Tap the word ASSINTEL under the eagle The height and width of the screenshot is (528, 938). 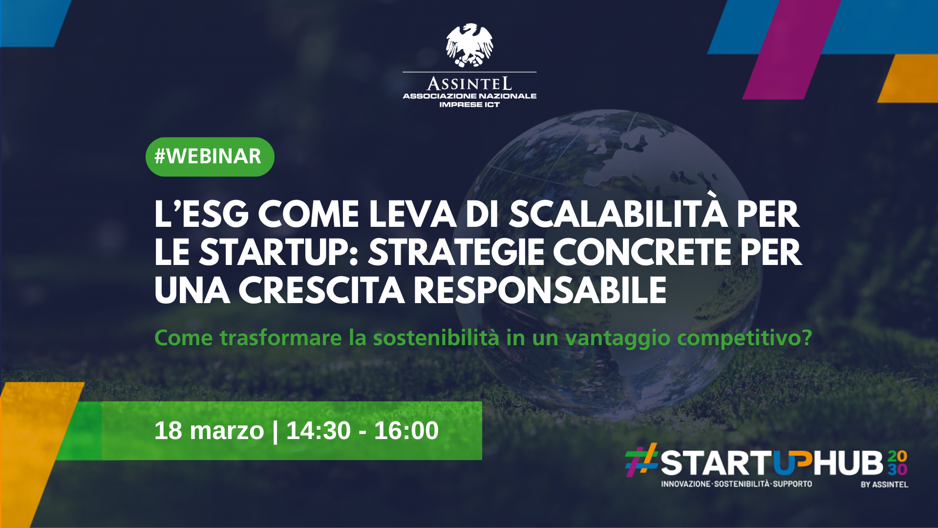pos(469,84)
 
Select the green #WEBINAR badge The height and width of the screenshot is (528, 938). pos(210,157)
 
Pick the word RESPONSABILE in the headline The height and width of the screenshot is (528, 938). pos(540,290)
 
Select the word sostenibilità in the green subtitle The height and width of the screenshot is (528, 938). pos(436,338)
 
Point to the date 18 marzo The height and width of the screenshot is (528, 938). pos(209,431)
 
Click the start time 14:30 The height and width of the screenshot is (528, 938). pos(319,431)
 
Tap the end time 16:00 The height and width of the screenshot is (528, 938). pos(406,431)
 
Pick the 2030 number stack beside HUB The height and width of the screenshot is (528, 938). pos(897,463)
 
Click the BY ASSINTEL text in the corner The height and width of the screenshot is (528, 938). pos(884,484)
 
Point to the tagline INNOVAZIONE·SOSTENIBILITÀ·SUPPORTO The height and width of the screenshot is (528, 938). pos(736,484)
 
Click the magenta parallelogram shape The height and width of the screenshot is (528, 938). pos(791,49)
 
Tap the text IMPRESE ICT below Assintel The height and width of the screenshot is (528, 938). pos(469,105)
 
